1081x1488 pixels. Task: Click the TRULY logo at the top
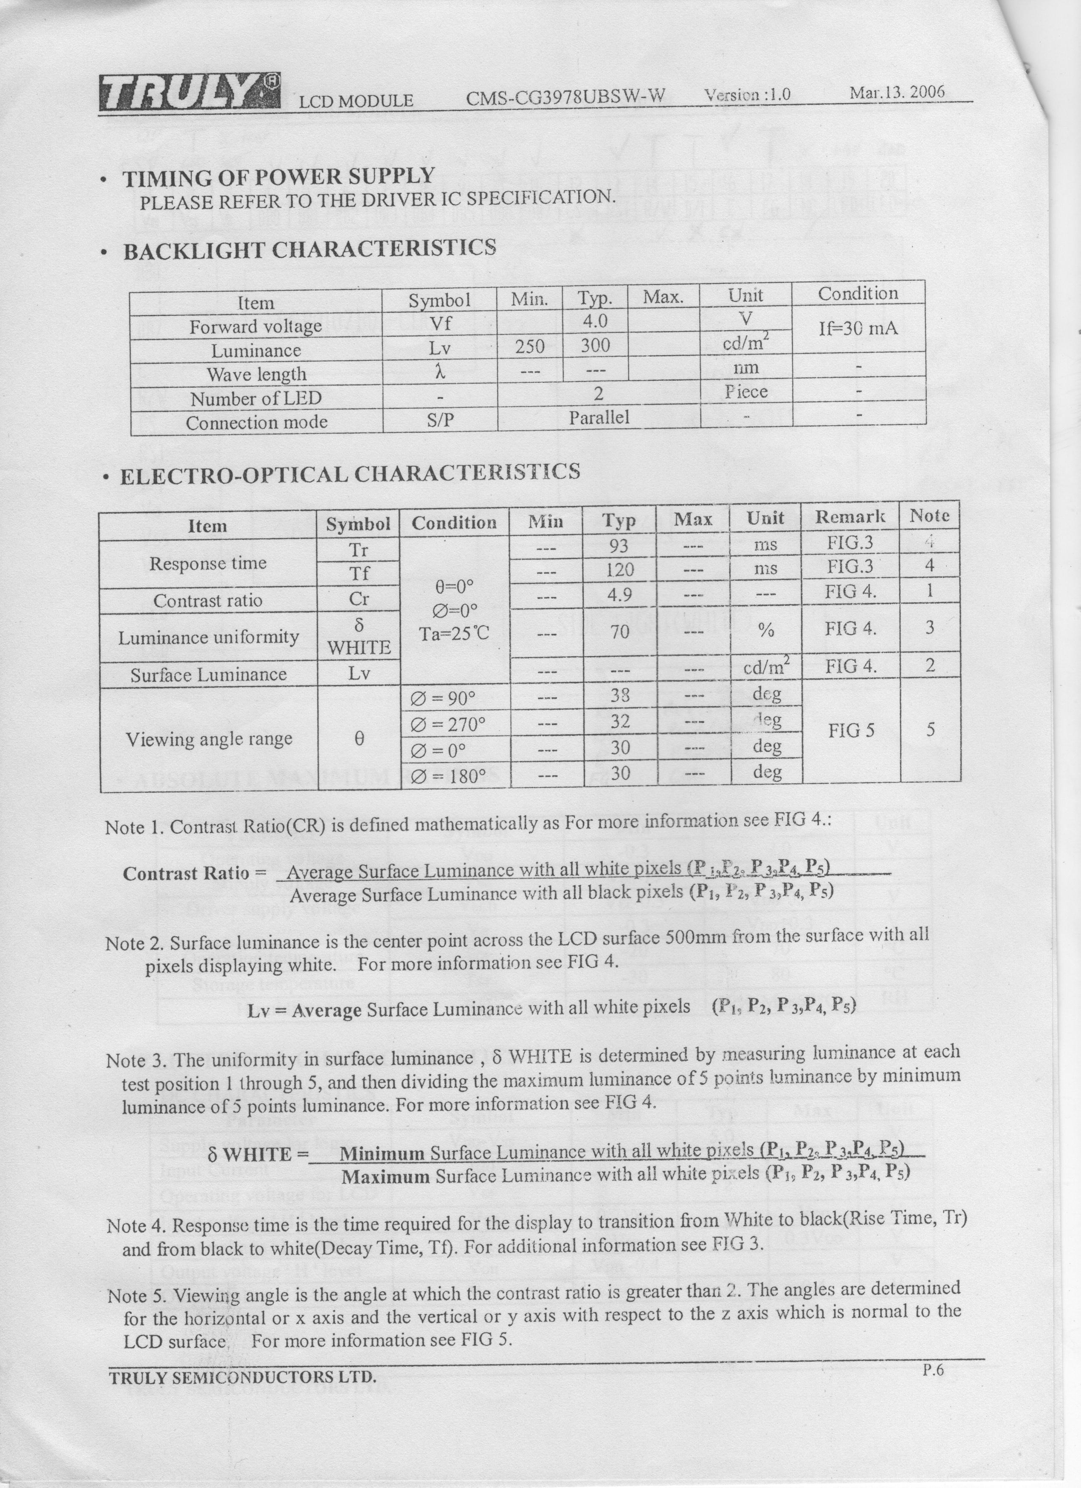point(189,92)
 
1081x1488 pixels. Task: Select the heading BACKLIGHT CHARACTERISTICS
point(309,249)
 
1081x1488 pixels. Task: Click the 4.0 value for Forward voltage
point(594,321)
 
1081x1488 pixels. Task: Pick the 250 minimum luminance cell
point(529,346)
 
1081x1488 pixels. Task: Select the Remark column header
point(850,517)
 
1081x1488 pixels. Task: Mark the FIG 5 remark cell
point(851,730)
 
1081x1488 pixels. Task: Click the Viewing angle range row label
point(209,739)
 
